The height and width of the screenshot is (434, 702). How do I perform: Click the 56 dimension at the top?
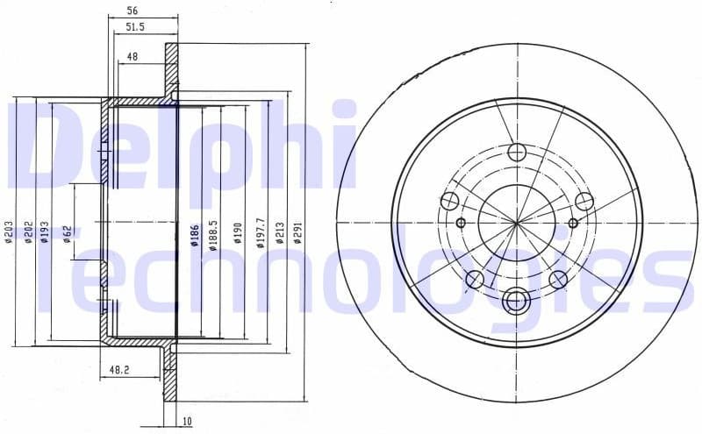(133, 11)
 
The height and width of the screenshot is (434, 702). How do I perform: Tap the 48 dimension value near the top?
(133, 56)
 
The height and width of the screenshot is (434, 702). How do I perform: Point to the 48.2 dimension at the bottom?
(119, 371)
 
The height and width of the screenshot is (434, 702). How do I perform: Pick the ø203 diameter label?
(8, 232)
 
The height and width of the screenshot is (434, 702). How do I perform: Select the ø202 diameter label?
(27, 232)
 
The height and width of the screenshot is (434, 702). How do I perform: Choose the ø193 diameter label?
(45, 232)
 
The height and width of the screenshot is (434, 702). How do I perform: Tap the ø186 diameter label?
(195, 235)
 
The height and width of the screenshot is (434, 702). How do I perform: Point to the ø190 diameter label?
(238, 232)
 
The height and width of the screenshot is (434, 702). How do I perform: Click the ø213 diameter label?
(280, 232)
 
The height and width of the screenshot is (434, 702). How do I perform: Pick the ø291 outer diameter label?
(299, 232)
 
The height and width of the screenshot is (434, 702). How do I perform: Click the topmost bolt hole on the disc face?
(517, 152)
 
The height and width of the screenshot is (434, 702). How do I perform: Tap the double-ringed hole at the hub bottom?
(517, 301)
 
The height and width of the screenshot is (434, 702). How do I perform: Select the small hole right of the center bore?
(573, 223)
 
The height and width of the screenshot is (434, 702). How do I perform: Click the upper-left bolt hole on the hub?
(450, 202)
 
